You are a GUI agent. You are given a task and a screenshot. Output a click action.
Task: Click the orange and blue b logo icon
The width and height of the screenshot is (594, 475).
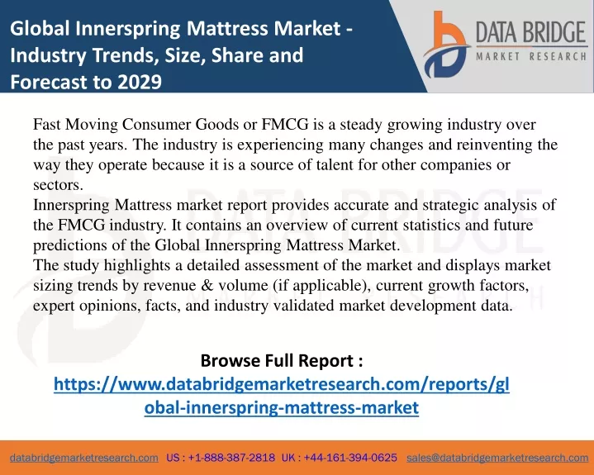tap(446, 45)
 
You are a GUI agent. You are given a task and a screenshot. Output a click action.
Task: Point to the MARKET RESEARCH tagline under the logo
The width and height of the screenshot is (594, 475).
tap(531, 56)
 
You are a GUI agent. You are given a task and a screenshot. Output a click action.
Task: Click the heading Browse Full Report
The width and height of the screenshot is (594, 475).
tap(282, 360)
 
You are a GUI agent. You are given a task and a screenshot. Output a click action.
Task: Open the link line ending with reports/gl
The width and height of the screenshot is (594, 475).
tap(282, 384)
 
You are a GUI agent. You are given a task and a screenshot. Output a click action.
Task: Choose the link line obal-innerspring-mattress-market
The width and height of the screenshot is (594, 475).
tap(282, 407)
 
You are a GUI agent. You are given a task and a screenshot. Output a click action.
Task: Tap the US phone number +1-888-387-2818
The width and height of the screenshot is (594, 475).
tap(231, 458)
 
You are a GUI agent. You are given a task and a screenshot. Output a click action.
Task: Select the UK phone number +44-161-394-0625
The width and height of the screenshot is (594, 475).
tap(350, 458)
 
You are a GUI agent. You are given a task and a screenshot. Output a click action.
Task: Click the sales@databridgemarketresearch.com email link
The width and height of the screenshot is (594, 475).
tap(497, 458)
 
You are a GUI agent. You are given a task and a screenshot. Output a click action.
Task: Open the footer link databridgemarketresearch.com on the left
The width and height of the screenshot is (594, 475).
tap(84, 458)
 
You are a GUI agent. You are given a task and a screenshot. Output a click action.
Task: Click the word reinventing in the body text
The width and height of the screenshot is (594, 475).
tap(494, 145)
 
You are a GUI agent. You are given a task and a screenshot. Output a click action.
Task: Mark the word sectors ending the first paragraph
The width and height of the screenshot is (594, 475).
tap(58, 185)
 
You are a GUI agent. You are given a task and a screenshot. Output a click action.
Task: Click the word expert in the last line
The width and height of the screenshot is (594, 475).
tap(54, 306)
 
